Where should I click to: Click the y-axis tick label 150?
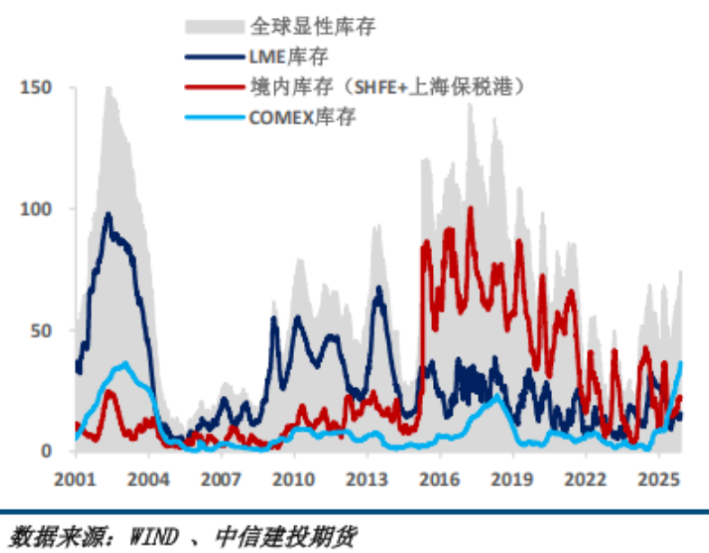click(37, 88)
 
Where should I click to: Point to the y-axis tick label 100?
click(37, 208)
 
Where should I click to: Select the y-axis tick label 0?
click(48, 451)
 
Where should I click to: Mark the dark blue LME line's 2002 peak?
click(108, 215)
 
